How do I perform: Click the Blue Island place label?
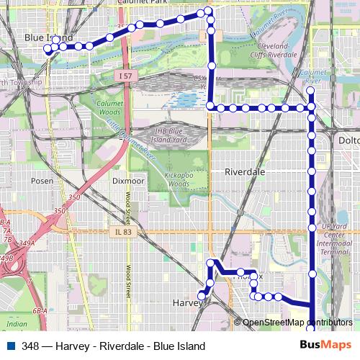point(49,37)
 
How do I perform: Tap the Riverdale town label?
point(245,173)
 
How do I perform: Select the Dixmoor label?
point(128,181)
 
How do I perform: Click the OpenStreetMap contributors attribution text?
point(297,323)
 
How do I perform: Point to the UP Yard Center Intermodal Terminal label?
point(336,240)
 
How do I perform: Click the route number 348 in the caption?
point(31,346)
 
